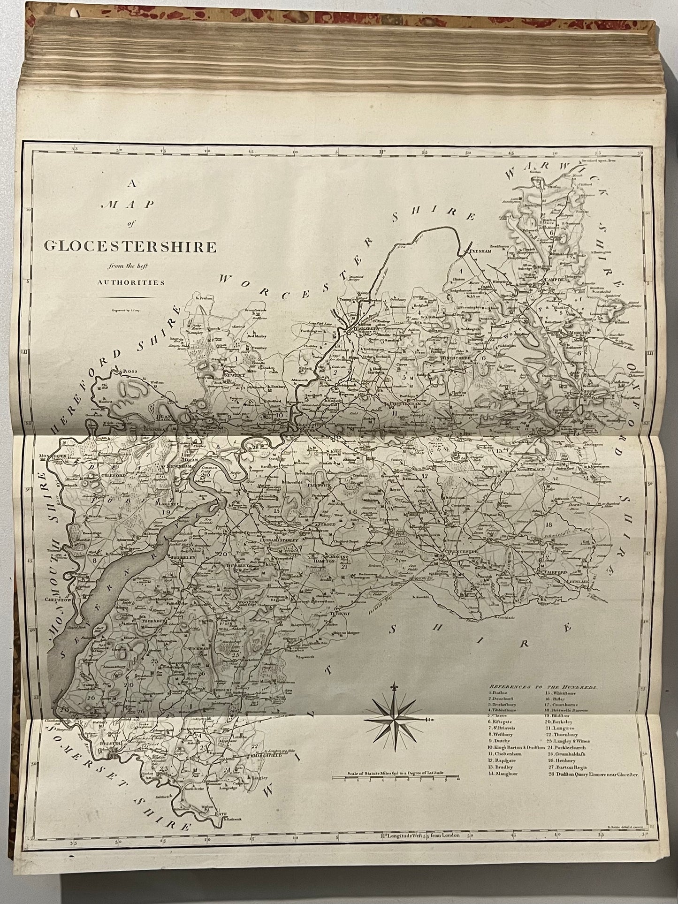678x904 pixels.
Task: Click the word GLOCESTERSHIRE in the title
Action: pos(130,246)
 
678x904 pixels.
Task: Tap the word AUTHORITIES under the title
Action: pos(131,282)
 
